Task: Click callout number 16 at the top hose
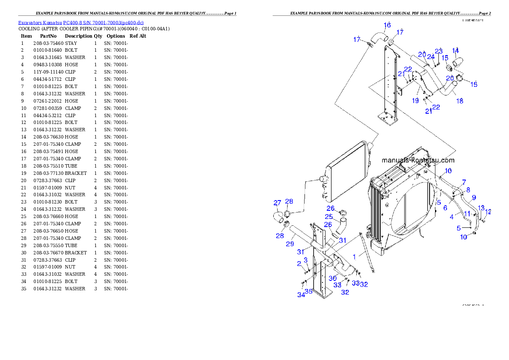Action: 387,25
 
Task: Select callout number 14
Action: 456,50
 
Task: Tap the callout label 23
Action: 439,51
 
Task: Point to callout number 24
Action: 431,56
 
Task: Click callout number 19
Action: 415,101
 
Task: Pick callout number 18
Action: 459,101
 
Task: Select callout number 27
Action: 278,203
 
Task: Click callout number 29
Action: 290,244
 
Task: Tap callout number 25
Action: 328,217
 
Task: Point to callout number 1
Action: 354,257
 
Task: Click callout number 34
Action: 301,295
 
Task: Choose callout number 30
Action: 333,278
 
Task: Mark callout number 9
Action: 474,198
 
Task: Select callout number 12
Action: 488,212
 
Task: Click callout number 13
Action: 481,208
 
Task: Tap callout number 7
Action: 464,182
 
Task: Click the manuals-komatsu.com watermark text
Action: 418,161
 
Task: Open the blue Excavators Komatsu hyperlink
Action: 81,22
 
